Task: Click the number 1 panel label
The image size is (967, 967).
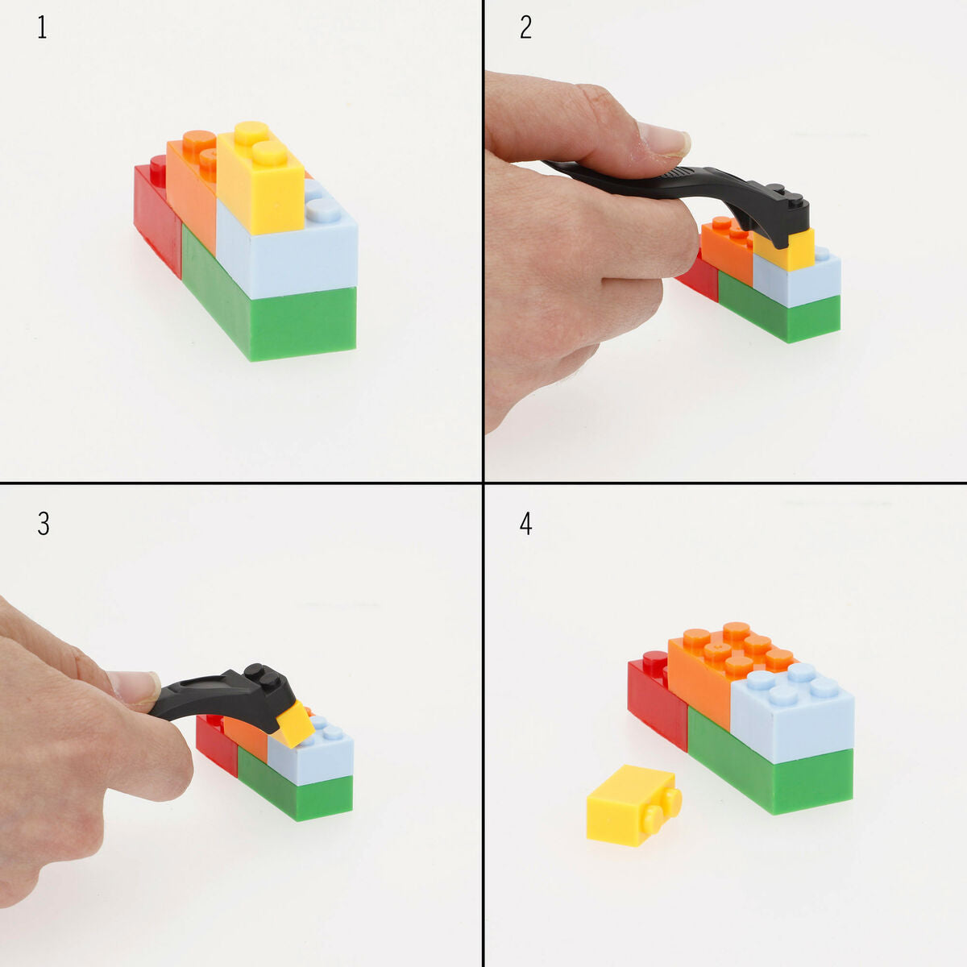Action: (x=42, y=28)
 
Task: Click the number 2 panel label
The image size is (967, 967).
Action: (x=525, y=28)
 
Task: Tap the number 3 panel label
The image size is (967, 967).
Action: (x=44, y=524)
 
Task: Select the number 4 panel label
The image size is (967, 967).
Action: (x=525, y=524)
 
